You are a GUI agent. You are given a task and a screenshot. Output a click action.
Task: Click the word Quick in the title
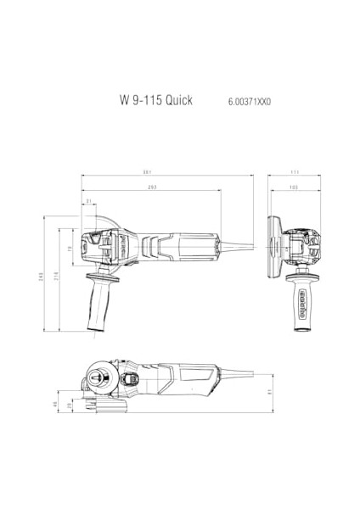177,99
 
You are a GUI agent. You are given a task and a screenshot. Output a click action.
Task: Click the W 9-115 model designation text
138,99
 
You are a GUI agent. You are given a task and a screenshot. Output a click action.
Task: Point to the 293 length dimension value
152,186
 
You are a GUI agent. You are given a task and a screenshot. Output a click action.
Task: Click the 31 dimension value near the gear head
88,201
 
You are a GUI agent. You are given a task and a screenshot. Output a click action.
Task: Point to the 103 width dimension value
293,186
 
